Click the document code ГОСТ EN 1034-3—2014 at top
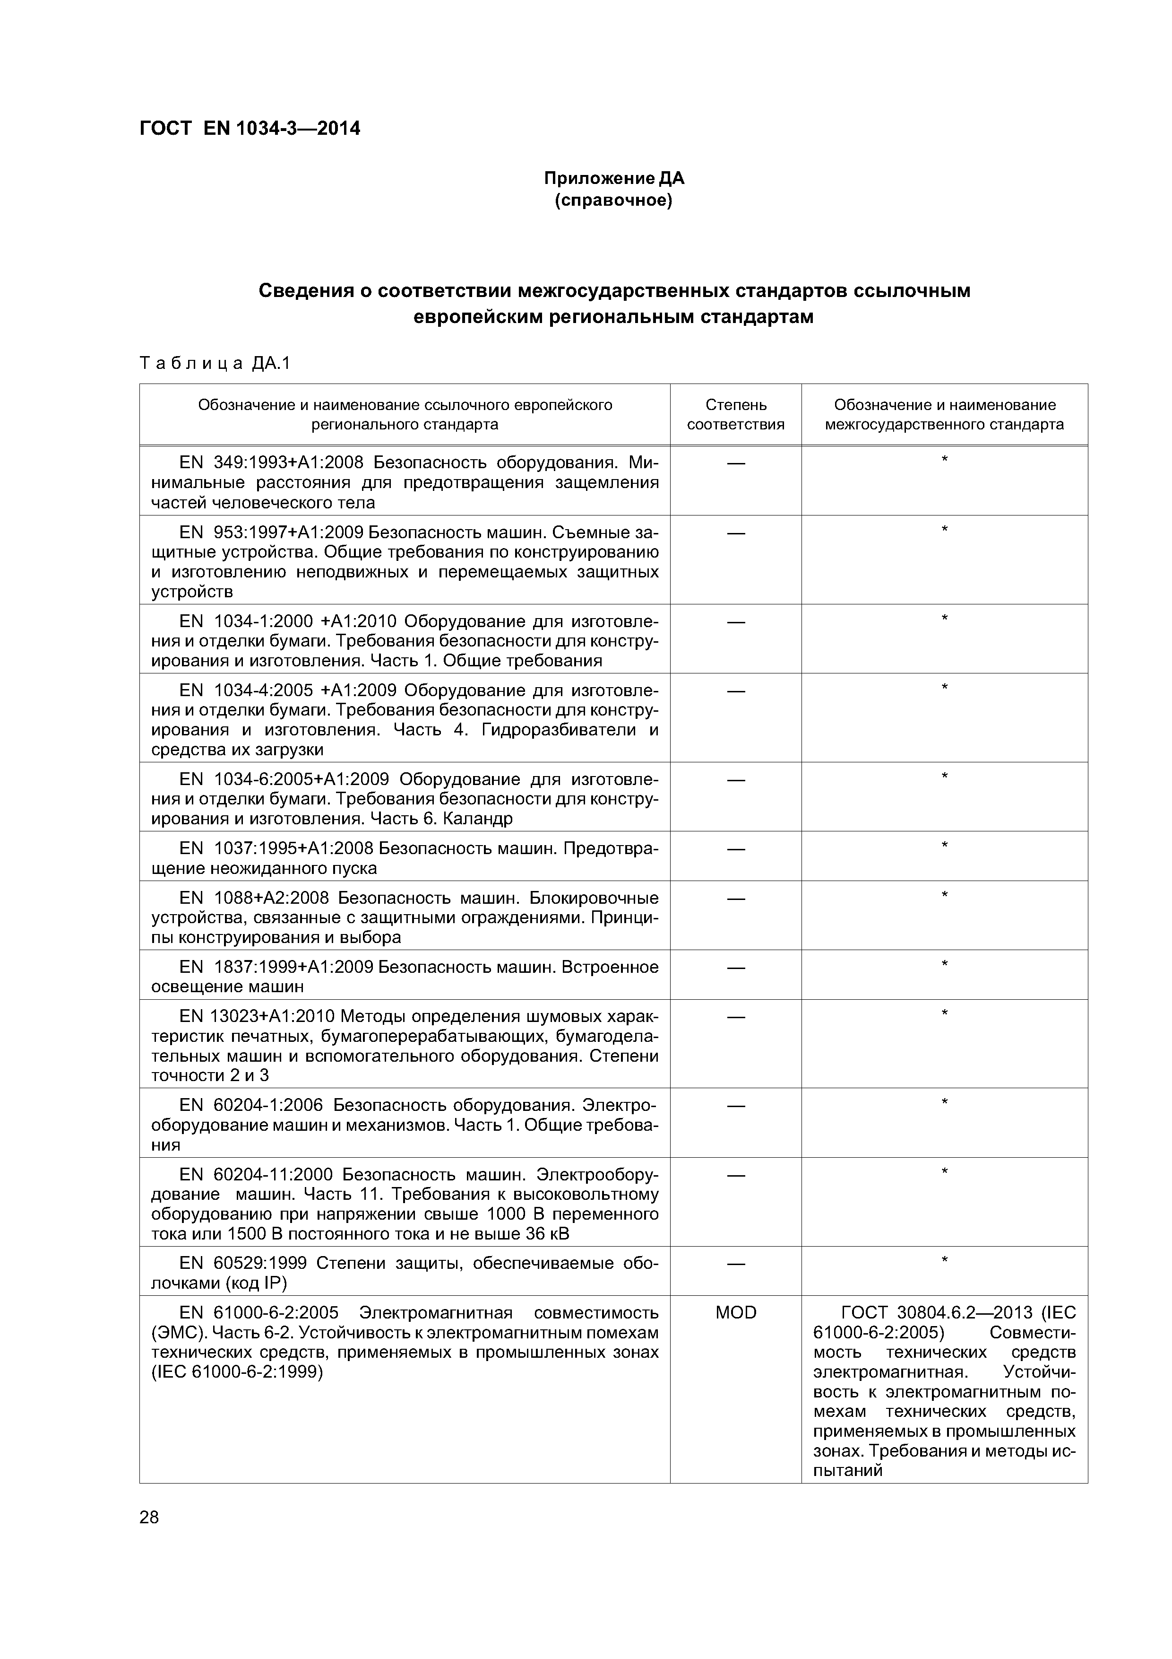(249, 129)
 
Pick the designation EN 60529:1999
(243, 1264)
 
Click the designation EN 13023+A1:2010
(257, 1017)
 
